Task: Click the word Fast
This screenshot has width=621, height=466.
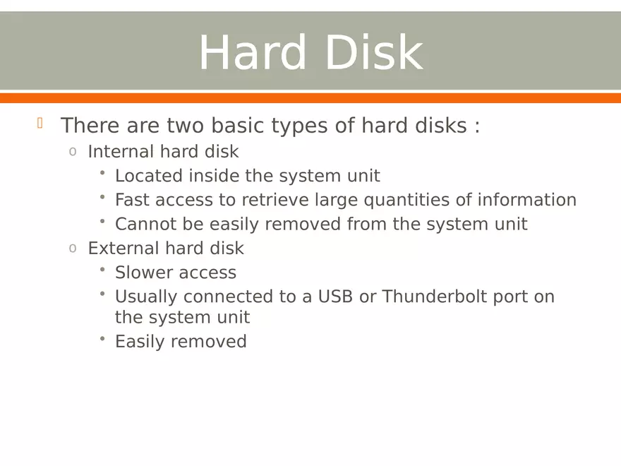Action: pos(133,200)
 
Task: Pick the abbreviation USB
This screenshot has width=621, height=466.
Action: pos(335,297)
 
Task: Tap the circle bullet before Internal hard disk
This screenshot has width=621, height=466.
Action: pos(72,152)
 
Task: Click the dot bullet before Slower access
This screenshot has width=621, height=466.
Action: pos(102,270)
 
